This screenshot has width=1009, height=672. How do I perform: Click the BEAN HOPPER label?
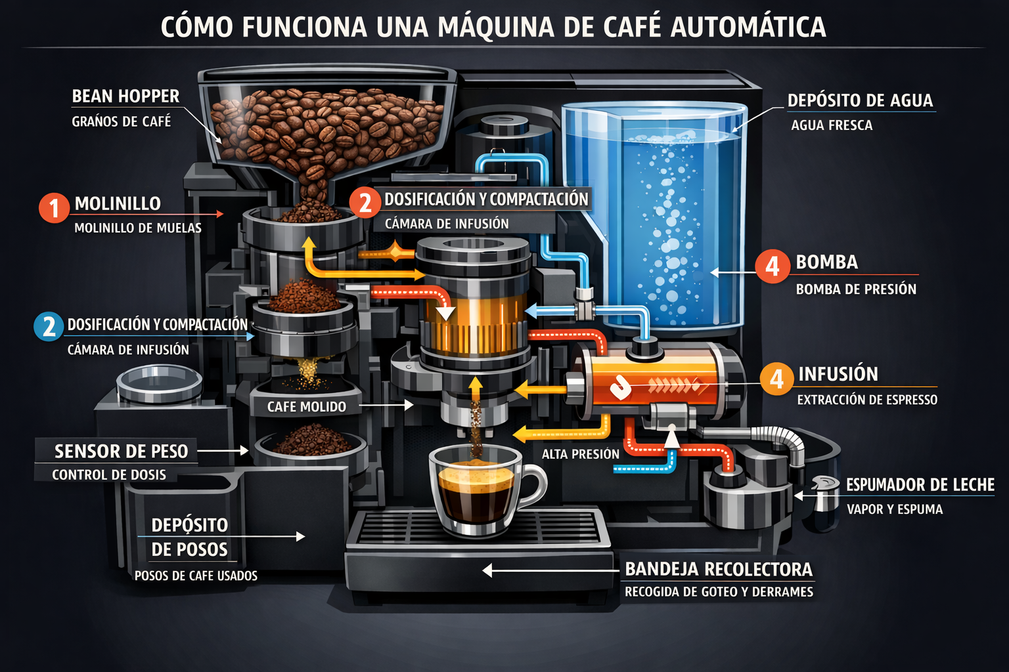[x=125, y=96]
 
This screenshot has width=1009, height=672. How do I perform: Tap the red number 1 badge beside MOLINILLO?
[x=54, y=208]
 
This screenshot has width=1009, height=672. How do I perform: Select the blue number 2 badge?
[x=49, y=326]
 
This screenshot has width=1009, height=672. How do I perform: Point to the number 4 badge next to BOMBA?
[x=772, y=266]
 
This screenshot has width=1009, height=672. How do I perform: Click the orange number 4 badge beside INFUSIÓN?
[x=776, y=379]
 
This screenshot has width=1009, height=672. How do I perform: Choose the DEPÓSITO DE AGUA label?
[x=860, y=100]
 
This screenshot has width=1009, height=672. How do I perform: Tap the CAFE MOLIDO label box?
[x=306, y=407]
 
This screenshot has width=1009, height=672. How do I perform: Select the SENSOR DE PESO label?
[x=121, y=451]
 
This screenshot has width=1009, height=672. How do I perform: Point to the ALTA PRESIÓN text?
[x=581, y=454]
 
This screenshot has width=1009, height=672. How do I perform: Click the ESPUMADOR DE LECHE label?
[x=920, y=485]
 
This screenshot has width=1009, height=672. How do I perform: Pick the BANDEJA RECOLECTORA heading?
[x=718, y=569]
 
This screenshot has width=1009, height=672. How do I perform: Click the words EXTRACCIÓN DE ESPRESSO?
[x=867, y=400]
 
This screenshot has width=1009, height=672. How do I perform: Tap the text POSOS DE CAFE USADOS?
[x=196, y=576]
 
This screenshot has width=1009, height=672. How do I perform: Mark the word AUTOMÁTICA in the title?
[x=748, y=27]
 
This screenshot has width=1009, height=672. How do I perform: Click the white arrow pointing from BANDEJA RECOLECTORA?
[x=552, y=570]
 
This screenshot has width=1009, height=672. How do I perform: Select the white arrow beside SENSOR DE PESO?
[x=223, y=451]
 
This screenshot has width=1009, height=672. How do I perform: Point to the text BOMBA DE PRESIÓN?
[x=856, y=289]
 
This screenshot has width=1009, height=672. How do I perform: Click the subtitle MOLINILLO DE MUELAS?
[x=138, y=228]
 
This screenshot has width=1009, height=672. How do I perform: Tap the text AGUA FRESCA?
[x=832, y=125]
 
